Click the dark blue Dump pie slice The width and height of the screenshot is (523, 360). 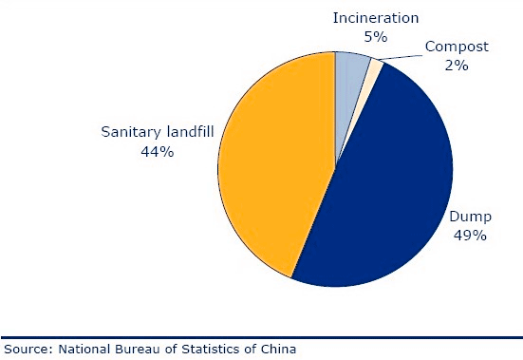383,187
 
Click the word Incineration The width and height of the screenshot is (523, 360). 376,18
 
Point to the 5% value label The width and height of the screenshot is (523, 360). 376,37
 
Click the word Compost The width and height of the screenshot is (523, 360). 457,47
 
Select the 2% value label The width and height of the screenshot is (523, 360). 457,65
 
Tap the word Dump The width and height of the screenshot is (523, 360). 470,218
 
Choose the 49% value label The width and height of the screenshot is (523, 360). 470,236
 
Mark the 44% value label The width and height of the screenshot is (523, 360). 158,152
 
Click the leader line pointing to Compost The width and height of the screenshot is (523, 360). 401,57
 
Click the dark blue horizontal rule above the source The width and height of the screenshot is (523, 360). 262,337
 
